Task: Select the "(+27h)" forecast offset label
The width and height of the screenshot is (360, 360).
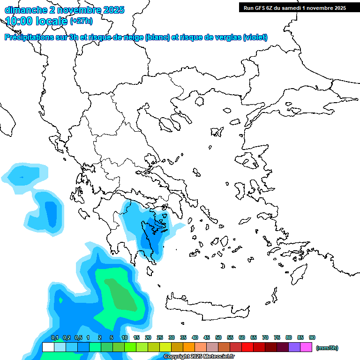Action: click(x=81, y=21)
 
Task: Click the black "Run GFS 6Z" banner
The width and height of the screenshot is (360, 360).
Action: click(x=292, y=7)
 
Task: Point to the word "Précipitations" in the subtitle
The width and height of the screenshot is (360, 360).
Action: click(x=27, y=37)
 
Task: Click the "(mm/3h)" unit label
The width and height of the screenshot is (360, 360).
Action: click(x=327, y=348)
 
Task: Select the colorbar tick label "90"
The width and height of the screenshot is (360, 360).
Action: click(x=312, y=337)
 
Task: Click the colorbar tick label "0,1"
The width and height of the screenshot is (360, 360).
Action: click(x=54, y=337)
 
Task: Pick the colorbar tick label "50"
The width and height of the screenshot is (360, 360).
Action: click(x=218, y=337)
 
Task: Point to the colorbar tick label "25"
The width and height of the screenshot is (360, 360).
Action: click(x=160, y=337)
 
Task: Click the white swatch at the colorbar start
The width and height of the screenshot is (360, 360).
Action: click(x=48, y=347)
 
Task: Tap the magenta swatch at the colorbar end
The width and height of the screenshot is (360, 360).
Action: click(x=306, y=347)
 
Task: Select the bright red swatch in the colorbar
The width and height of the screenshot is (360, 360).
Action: click(x=247, y=347)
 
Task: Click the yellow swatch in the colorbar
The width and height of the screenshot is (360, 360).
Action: click(x=165, y=347)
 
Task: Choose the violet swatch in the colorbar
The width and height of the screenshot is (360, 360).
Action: click(x=294, y=347)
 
